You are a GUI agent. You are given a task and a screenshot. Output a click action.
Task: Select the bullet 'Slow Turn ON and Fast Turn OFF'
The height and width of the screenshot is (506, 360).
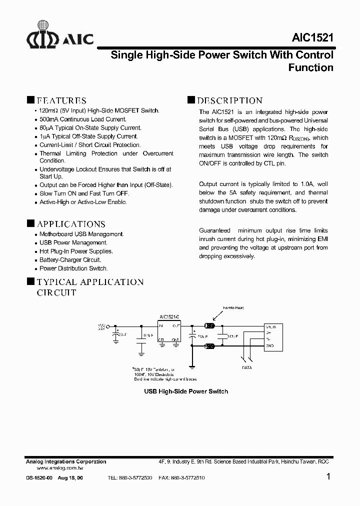click(x=84, y=193)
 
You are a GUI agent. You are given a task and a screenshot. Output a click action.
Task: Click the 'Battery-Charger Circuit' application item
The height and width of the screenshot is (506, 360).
click(x=70, y=260)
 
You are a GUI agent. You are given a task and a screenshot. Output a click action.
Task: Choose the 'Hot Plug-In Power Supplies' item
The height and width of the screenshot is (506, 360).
click(x=76, y=251)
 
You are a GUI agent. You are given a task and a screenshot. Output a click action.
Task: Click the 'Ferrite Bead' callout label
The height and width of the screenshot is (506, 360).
click(x=233, y=308)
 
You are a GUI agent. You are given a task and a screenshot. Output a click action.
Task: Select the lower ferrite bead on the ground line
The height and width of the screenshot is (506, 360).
click(x=210, y=345)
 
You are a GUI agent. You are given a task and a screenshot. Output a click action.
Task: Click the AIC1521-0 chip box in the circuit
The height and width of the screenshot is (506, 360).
click(x=169, y=332)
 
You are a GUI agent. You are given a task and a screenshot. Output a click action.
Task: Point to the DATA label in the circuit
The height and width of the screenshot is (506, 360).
click(x=246, y=367)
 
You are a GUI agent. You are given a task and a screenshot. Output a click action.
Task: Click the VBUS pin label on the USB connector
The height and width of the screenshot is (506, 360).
click(x=270, y=327)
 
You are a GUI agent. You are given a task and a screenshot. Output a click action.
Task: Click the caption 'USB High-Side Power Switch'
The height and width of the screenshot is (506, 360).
click(x=186, y=391)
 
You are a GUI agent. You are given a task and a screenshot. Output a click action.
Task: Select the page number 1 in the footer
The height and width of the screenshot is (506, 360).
click(x=328, y=476)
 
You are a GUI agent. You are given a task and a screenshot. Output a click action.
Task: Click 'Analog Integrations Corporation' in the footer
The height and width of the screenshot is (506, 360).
click(x=66, y=461)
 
